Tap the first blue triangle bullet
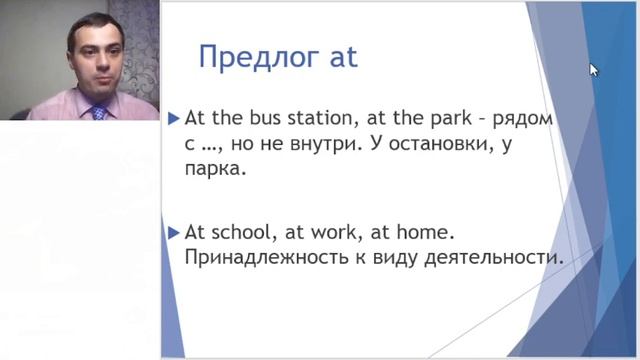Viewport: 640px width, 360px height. coord(174,119)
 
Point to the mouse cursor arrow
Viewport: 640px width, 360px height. coord(593,69)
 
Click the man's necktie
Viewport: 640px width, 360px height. coord(99,112)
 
